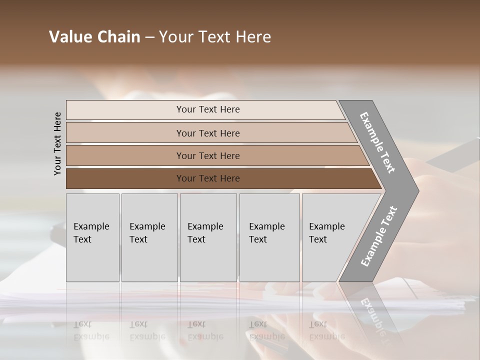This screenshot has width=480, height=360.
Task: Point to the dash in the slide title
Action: point(149,37)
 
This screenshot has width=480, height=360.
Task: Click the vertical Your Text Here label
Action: point(57,143)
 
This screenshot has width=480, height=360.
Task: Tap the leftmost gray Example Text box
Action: point(92,237)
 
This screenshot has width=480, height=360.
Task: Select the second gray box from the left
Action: point(149,237)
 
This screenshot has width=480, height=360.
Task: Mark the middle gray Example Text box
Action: point(208,237)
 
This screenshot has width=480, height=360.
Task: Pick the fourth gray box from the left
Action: point(269,237)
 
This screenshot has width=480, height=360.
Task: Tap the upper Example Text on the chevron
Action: point(377,142)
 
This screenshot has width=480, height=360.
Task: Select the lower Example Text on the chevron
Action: point(378,236)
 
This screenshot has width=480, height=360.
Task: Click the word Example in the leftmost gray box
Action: point(91,226)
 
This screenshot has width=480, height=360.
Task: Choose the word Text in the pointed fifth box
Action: point(317,239)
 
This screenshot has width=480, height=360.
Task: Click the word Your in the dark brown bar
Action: point(186,178)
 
